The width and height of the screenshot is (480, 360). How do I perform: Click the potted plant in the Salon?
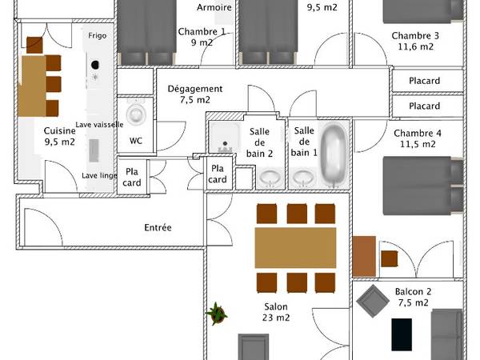click(216, 314)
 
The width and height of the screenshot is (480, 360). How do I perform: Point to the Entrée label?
click(158, 227)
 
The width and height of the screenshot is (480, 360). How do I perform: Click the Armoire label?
click(214, 7)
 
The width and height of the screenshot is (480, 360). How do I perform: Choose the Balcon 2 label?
click(412, 297)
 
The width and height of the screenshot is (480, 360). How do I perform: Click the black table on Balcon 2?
click(402, 334)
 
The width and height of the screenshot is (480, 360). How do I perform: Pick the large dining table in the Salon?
click(295, 247)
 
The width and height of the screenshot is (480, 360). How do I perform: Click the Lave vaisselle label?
click(99, 125)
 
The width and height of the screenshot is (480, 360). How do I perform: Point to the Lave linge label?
click(100, 176)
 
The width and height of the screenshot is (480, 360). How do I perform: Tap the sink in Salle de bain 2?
click(270, 177)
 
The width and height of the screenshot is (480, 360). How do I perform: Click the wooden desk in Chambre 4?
click(364, 256)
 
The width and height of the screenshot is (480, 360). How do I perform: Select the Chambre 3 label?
click(415, 41)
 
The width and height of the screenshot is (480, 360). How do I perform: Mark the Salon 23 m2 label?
click(277, 311)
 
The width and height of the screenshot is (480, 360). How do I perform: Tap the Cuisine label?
click(60, 136)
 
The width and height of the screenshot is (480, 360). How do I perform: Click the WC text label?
click(135, 139)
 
